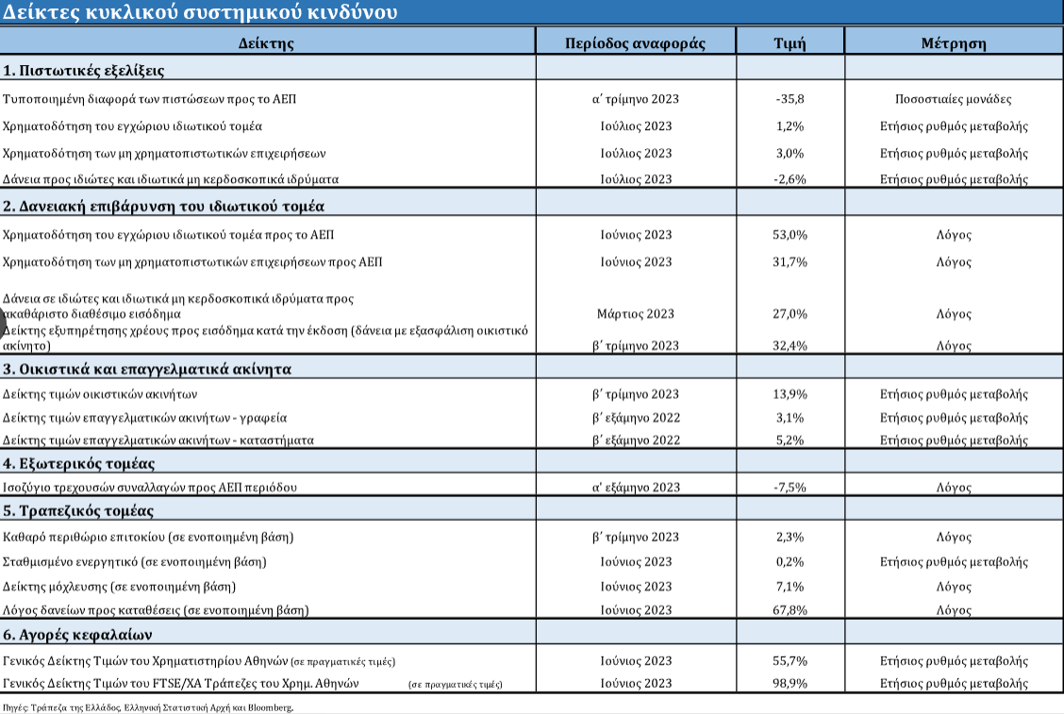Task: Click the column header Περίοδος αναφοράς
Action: pos(635,43)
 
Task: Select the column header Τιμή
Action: pos(790,43)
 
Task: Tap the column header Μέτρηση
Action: pos(954,43)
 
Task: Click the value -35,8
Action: pos(790,99)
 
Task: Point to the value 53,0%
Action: pos(790,235)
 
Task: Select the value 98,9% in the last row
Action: pos(790,684)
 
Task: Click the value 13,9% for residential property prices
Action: pos(790,394)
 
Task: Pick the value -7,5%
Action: pos(790,488)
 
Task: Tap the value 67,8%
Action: pos(790,610)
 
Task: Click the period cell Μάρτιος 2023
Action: pos(636,314)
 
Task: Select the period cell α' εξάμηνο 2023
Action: pos(636,488)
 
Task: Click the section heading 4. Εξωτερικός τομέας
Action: pos(78,464)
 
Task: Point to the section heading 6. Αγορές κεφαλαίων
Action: pos(77,636)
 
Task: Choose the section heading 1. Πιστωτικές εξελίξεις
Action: pos(83,71)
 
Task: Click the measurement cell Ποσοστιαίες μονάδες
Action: pos(954,99)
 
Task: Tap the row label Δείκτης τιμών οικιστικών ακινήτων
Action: pos(100,394)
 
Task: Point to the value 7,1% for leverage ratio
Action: pos(790,587)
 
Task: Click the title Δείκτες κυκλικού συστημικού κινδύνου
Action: pos(200,12)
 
